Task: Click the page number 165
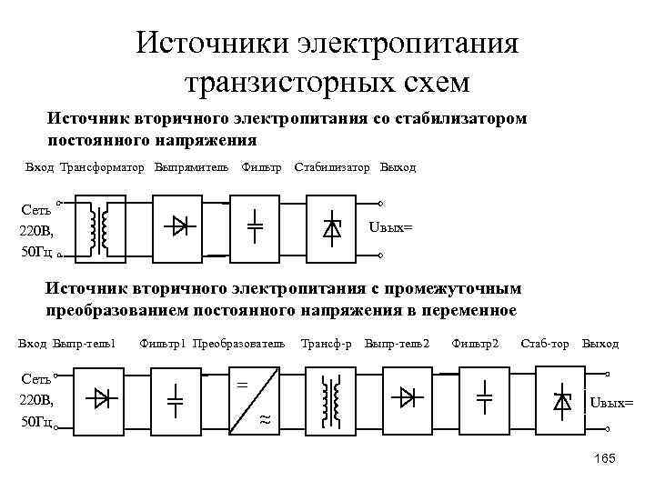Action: click(x=603, y=458)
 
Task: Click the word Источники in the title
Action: click(x=210, y=44)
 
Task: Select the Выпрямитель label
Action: click(x=191, y=168)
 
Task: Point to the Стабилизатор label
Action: click(x=332, y=168)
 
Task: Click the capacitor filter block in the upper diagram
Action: click(x=256, y=228)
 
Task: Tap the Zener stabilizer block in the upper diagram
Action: click(x=332, y=228)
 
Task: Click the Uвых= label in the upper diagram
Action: click(x=390, y=226)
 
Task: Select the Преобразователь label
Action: click(x=239, y=344)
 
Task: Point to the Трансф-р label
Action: click(x=327, y=344)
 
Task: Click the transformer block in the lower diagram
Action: click(x=331, y=399)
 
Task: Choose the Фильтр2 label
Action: click(x=476, y=344)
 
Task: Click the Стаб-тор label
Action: click(x=545, y=344)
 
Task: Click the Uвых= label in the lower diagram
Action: click(x=611, y=402)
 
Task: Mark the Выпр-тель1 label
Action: click(x=85, y=344)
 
